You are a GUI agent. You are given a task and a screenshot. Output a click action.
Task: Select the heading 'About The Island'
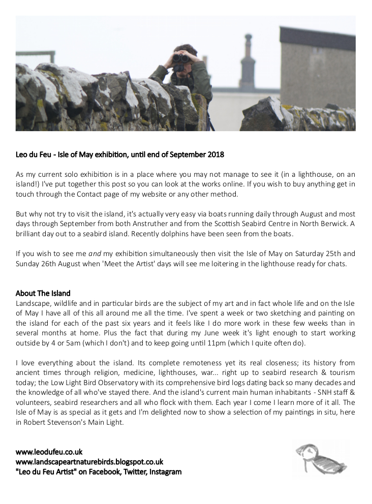click(43, 293)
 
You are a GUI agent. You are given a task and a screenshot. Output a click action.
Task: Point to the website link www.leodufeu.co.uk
click(49, 452)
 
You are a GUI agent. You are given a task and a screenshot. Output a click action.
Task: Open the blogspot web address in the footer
click(89, 462)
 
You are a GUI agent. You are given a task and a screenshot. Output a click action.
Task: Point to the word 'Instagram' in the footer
click(164, 472)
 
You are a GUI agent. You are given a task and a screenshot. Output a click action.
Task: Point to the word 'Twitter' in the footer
click(135, 472)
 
